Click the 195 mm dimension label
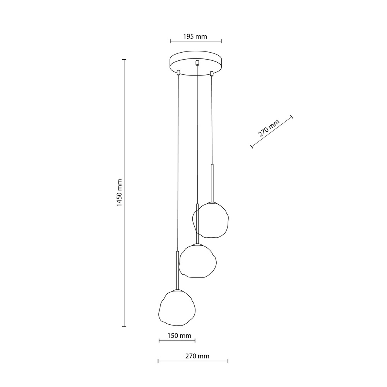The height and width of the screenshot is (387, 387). coord(195,37)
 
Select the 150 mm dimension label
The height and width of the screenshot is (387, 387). coord(177,336)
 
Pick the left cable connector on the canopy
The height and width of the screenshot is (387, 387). coord(178,72)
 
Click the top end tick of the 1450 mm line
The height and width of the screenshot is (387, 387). coord(124,60)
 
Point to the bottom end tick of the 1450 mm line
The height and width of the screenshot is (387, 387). coord(124,327)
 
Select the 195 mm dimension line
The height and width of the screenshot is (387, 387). coord(196,41)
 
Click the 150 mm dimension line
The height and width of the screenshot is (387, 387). coord(177,341)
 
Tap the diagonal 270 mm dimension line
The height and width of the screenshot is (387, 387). coord(272,132)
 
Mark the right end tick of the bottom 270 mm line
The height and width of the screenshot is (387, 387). coord(228,361)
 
